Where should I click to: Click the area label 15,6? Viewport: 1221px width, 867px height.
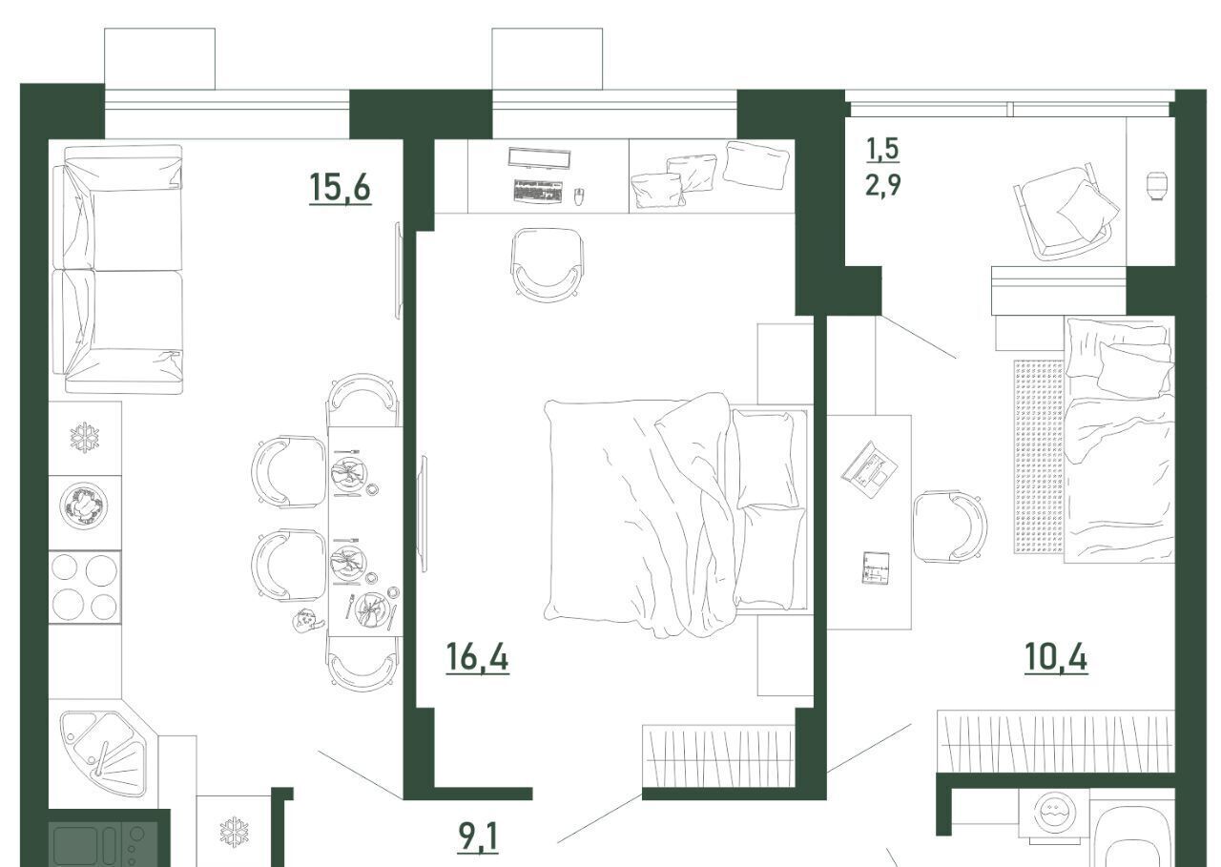coord(341,187)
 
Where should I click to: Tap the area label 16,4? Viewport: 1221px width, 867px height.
coord(478,656)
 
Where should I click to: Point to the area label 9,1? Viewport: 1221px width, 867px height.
coord(478,837)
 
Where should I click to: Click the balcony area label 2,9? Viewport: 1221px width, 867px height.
coord(883,184)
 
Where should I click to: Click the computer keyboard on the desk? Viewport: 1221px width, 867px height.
coord(537,192)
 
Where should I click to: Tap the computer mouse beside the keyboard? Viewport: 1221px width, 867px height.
coord(579,196)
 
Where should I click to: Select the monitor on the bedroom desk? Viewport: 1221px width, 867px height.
coord(540,158)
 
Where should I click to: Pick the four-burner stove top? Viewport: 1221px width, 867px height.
coord(85,587)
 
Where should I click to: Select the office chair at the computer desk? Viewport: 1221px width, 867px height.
coord(548,265)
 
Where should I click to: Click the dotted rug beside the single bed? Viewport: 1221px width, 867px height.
coord(1039,457)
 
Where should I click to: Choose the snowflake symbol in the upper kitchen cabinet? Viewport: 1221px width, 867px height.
coord(85,437)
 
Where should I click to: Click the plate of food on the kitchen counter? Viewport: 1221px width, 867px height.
coord(84,506)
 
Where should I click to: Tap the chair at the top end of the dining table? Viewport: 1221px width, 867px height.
coord(363,400)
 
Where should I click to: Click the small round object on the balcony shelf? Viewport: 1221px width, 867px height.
coord(1155,186)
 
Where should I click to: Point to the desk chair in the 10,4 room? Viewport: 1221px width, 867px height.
coord(949,526)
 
